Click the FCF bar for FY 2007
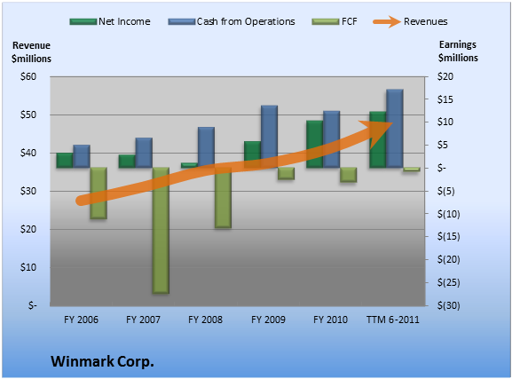pos(161,231)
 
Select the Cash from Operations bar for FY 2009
pos(270,137)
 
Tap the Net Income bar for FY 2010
pos(315,144)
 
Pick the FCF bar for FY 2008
pos(223,198)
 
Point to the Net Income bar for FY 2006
pos(65,161)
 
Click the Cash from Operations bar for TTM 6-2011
pos(395,129)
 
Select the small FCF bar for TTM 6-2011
pos(412,170)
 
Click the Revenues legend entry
pos(410,21)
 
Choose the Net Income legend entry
pos(110,21)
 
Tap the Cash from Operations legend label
pos(246,21)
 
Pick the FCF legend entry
pos(335,21)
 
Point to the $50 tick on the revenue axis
pos(28,114)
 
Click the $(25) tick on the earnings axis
pos(449,282)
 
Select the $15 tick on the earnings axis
pos(445,99)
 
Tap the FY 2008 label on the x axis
pos(205,320)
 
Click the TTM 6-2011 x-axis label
pos(393,320)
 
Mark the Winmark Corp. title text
pos(102,361)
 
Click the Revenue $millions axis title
pos(31,52)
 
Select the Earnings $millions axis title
pos(458,51)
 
